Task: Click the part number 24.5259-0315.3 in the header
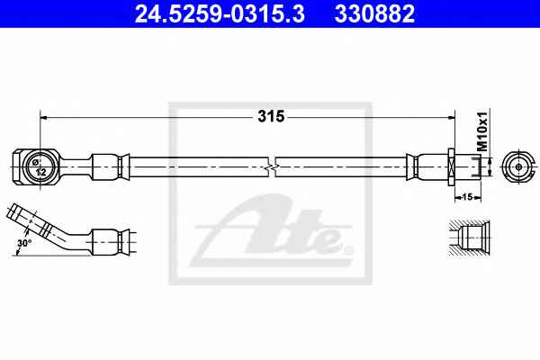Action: (220, 13)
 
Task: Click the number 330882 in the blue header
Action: (374, 13)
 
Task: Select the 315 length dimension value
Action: (271, 116)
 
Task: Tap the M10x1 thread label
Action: (482, 131)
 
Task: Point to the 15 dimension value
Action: (468, 197)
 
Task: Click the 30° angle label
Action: (24, 243)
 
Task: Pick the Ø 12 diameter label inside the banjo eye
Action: (40, 167)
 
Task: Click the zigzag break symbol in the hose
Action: (272, 167)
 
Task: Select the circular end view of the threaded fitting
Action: (515, 167)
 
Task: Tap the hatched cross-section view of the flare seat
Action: (468, 238)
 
